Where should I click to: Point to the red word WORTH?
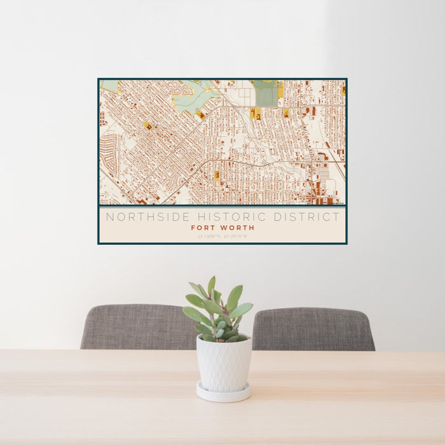pyautogui.click(x=237, y=228)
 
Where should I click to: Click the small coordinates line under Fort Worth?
pyautogui.click(x=222, y=236)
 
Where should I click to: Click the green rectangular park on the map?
pyautogui.click(x=266, y=94)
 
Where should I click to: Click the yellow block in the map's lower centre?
pyautogui.click(x=217, y=175)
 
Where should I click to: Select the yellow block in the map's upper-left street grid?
pyautogui.click(x=147, y=125)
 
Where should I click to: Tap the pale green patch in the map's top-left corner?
pyautogui.click(x=109, y=85)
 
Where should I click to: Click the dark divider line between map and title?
pyautogui.click(x=222, y=207)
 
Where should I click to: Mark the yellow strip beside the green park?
pyautogui.click(x=280, y=90)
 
